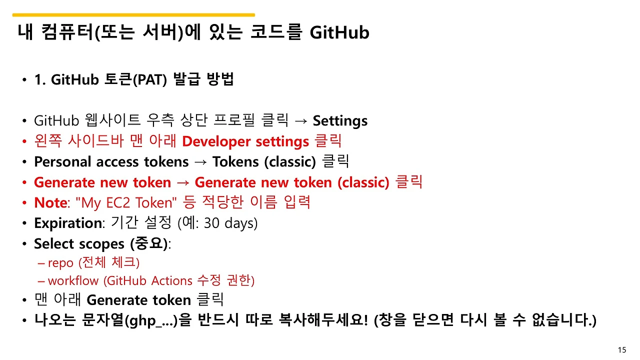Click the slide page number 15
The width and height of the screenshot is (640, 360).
(622, 350)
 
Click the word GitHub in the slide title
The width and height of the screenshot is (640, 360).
(339, 32)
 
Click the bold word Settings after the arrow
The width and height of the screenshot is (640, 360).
(340, 121)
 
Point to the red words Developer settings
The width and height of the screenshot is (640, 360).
(245, 142)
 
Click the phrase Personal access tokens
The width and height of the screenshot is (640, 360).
(111, 162)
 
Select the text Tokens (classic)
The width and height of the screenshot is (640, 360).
(264, 162)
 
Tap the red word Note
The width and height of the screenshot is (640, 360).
(50, 203)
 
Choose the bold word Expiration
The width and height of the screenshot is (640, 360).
(67, 223)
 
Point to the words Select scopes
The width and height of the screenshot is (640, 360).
(79, 243)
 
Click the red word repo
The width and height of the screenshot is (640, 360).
(60, 262)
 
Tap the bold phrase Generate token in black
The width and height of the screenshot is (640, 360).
(138, 300)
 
